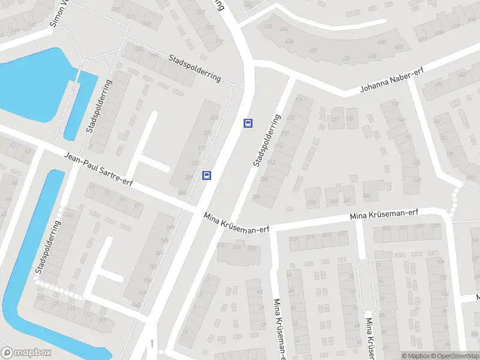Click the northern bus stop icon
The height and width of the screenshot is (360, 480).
coord(247,123)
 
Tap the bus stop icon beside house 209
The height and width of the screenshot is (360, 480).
coord(206,175)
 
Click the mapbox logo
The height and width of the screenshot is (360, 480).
coord(26,353)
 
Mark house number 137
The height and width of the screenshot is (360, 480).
coord(334,119)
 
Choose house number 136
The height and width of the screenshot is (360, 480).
coord(350,119)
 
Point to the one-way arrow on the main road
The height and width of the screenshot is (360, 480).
coord(152,343)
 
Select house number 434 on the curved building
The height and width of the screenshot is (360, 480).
coord(290,41)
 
